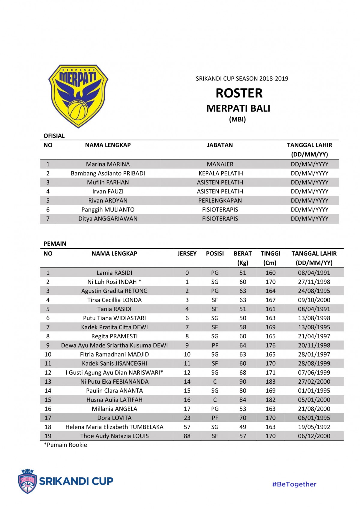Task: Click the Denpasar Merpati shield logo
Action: [x=78, y=96]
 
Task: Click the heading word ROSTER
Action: [x=239, y=93]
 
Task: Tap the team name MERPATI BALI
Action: [x=238, y=108]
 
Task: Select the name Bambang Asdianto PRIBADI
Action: [x=108, y=173]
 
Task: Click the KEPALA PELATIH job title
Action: [x=220, y=173]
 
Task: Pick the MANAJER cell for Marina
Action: [x=220, y=164]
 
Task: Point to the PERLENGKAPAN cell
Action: [x=220, y=201]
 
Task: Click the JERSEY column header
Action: [x=187, y=253]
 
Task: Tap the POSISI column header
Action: [x=215, y=253]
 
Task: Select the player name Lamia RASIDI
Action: [x=114, y=273]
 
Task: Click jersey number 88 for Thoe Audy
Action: [x=187, y=436]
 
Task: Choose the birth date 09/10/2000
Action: [x=314, y=300]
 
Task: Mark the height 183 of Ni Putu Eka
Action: [x=270, y=382]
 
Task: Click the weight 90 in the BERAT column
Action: [x=243, y=382]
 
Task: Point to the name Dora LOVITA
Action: [x=114, y=418]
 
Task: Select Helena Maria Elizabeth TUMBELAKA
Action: [x=114, y=427]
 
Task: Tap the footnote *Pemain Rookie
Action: [x=65, y=445]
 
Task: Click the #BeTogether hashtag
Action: [x=294, y=484]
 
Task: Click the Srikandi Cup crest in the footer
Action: [x=27, y=481]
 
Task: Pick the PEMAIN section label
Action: [x=55, y=244]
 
